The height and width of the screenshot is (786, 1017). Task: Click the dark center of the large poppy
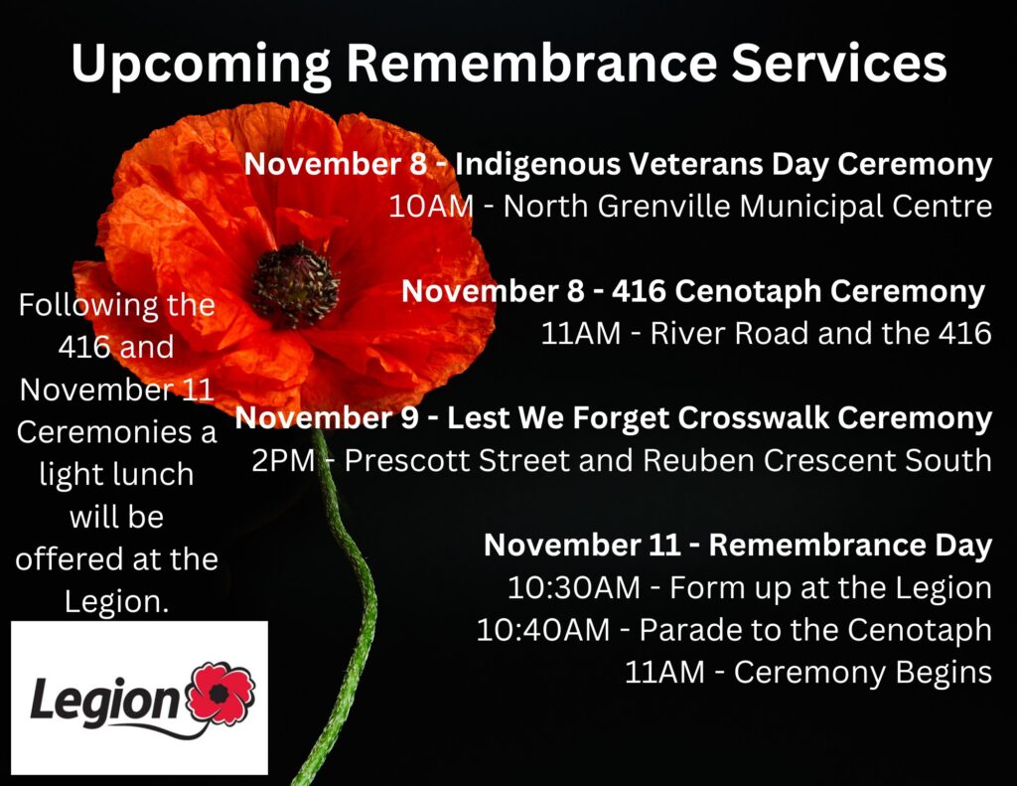tap(295, 284)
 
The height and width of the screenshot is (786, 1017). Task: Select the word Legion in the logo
tap(103, 701)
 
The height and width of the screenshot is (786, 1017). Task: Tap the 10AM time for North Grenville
tap(431, 207)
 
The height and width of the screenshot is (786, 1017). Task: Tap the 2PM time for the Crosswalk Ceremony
tap(283, 460)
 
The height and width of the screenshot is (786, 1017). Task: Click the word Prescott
tap(406, 460)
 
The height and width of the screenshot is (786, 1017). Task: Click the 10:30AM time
tap(574, 587)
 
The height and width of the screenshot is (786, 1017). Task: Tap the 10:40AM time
tap(543, 630)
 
